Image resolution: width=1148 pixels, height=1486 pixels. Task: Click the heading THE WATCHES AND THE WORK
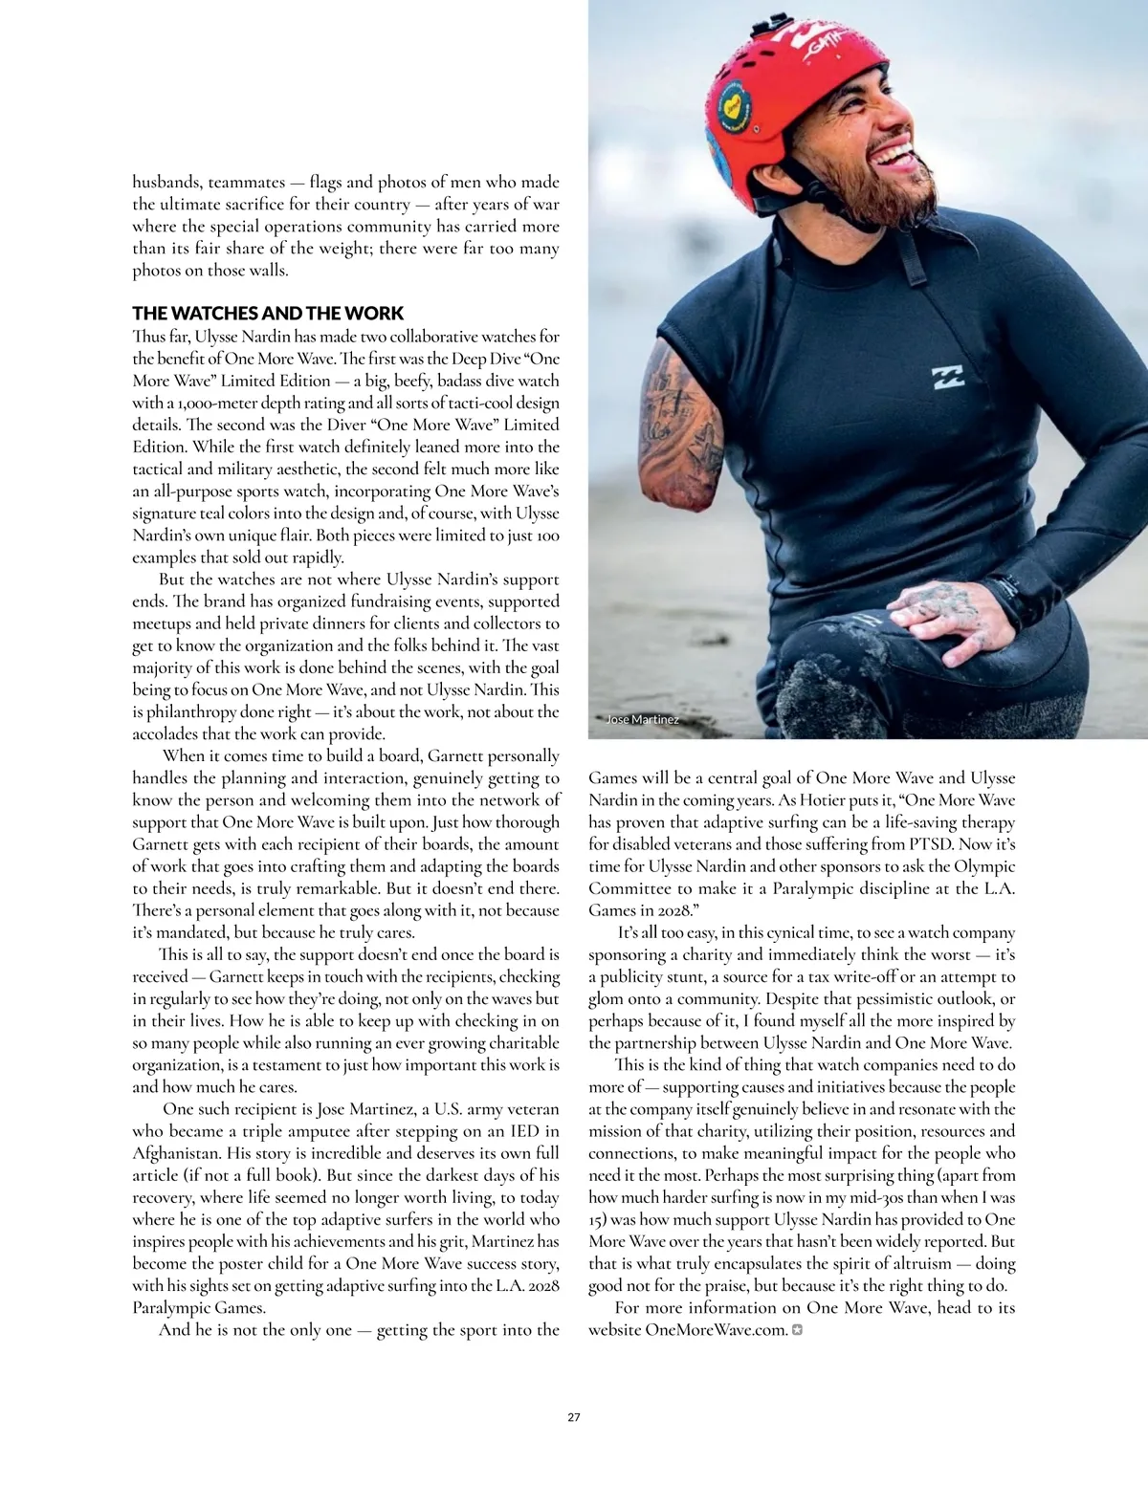(x=268, y=314)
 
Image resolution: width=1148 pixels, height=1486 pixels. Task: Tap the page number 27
(x=574, y=1416)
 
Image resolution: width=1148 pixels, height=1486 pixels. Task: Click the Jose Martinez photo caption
(x=643, y=719)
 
